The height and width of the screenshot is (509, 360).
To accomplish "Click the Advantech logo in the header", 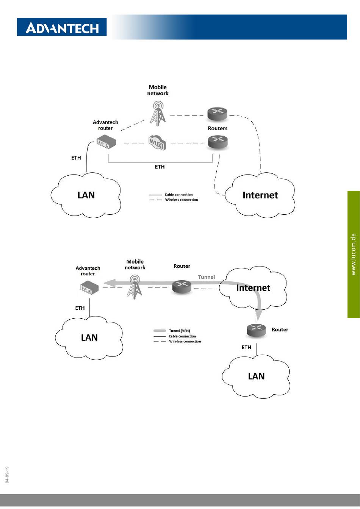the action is pos(62,27).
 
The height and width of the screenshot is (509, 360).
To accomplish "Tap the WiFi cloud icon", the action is pos(157,143).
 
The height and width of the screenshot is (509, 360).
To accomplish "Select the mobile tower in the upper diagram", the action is pos(157,114).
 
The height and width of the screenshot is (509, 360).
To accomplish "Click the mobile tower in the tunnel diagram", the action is pos(135,287).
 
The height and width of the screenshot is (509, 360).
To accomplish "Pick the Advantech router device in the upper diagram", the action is pos(106,142).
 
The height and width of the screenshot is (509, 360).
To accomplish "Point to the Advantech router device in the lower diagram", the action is pos(89,287).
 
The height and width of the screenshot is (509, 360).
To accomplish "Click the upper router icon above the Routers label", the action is pos(217,114).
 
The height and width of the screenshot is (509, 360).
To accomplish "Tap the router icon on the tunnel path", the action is pos(182,286).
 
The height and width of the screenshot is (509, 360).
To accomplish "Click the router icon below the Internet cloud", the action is pos(256,330).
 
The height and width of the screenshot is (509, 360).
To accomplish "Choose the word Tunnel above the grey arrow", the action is pos(206,277).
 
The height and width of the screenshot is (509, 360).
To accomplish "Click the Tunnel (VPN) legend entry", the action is pos(172,331).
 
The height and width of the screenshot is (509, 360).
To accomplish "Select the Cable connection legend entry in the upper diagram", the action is pos(171,195).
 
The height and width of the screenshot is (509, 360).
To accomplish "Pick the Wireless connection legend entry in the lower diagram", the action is pos(177,341).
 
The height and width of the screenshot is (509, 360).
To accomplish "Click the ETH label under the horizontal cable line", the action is pos(160,167).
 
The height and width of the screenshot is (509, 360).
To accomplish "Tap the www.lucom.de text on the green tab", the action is pos(353,254).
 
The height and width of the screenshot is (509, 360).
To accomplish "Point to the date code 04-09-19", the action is pos(7,475).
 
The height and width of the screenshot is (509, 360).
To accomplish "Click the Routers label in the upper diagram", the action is pos(218,128).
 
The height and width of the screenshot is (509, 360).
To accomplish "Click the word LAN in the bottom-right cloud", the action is pos(256,376).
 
